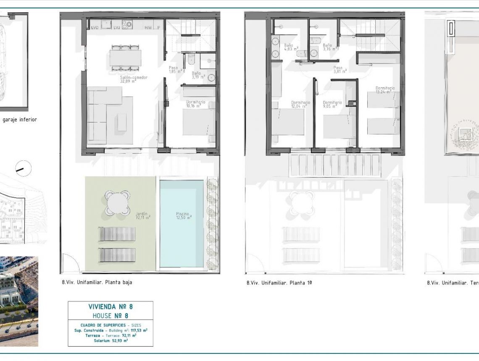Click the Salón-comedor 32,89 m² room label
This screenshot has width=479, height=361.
tap(134, 80)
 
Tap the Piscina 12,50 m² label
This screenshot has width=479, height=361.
tap(184, 215)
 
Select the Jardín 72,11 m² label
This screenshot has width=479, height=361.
tap(143, 215)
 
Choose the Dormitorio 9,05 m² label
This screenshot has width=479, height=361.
tap(332, 105)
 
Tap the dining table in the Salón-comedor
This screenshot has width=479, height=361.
tap(125, 58)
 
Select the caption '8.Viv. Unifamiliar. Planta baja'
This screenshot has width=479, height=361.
tap(97, 283)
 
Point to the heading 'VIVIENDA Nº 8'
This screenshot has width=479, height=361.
tap(111, 307)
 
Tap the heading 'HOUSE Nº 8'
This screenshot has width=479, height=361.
tap(111, 316)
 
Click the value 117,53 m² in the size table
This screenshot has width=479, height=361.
tap(138, 330)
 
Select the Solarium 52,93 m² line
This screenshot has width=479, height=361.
tap(111, 340)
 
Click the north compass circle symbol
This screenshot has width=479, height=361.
tap(24, 169)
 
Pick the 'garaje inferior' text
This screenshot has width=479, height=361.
tap(19, 120)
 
